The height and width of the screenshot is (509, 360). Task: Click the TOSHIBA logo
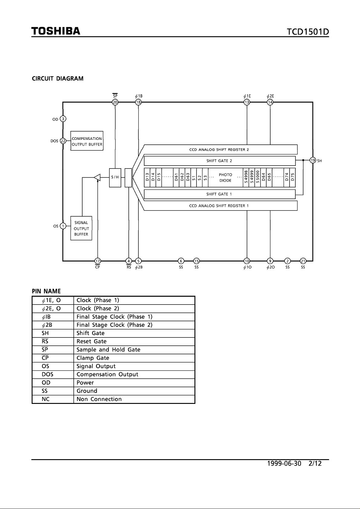tap(56, 31)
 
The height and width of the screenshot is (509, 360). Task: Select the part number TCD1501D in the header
tap(308, 32)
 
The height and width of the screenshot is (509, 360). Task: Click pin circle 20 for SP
tap(115, 102)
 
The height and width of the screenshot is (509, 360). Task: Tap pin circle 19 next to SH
tap(313, 160)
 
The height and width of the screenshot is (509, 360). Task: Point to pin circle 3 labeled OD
tap(63, 119)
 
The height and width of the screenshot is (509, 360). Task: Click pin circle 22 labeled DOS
tap(63, 141)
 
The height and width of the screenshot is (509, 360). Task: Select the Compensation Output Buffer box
tap(87, 141)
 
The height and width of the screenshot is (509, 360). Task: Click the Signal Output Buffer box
tap(81, 228)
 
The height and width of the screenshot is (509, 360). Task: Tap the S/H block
tap(115, 178)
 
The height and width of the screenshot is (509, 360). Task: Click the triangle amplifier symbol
tap(97, 177)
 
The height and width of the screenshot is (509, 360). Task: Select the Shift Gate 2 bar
tap(220, 161)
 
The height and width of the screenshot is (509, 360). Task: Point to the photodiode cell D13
tap(147, 177)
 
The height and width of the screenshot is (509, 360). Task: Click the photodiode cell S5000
tap(258, 177)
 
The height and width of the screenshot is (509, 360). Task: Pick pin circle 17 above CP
tap(98, 261)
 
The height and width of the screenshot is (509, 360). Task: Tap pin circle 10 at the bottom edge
tap(247, 261)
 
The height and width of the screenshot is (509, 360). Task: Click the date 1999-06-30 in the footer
tap(284, 464)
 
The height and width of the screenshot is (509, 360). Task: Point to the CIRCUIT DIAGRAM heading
tap(57, 79)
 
